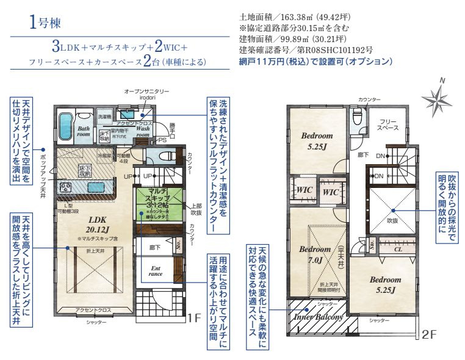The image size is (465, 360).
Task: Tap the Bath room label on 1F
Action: [84, 131]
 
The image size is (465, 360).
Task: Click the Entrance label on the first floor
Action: [157, 270]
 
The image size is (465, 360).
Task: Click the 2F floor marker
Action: [430, 334]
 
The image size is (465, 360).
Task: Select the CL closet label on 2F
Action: [397, 248]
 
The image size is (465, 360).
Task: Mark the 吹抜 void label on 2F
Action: [391, 221]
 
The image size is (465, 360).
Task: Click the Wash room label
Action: [143, 132]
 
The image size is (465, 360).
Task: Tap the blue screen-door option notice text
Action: [315, 62]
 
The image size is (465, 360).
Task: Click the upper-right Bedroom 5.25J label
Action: [317, 140]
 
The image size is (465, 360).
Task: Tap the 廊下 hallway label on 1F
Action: [154, 248]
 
